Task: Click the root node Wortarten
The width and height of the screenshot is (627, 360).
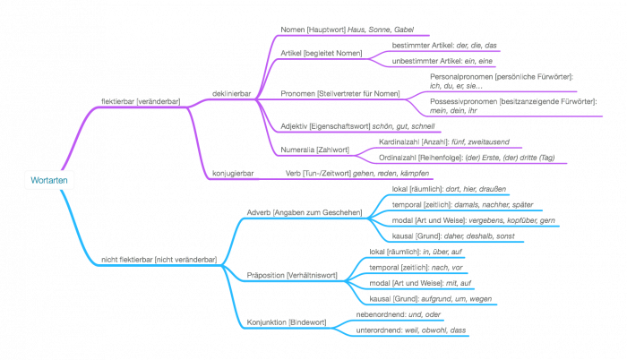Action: pos(48,181)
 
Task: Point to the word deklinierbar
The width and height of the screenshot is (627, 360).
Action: pos(219,90)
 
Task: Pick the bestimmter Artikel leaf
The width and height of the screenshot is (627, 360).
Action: pos(445,44)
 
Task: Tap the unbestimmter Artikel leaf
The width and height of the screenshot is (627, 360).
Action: pos(444,61)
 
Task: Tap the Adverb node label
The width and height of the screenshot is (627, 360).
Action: pos(304,213)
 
